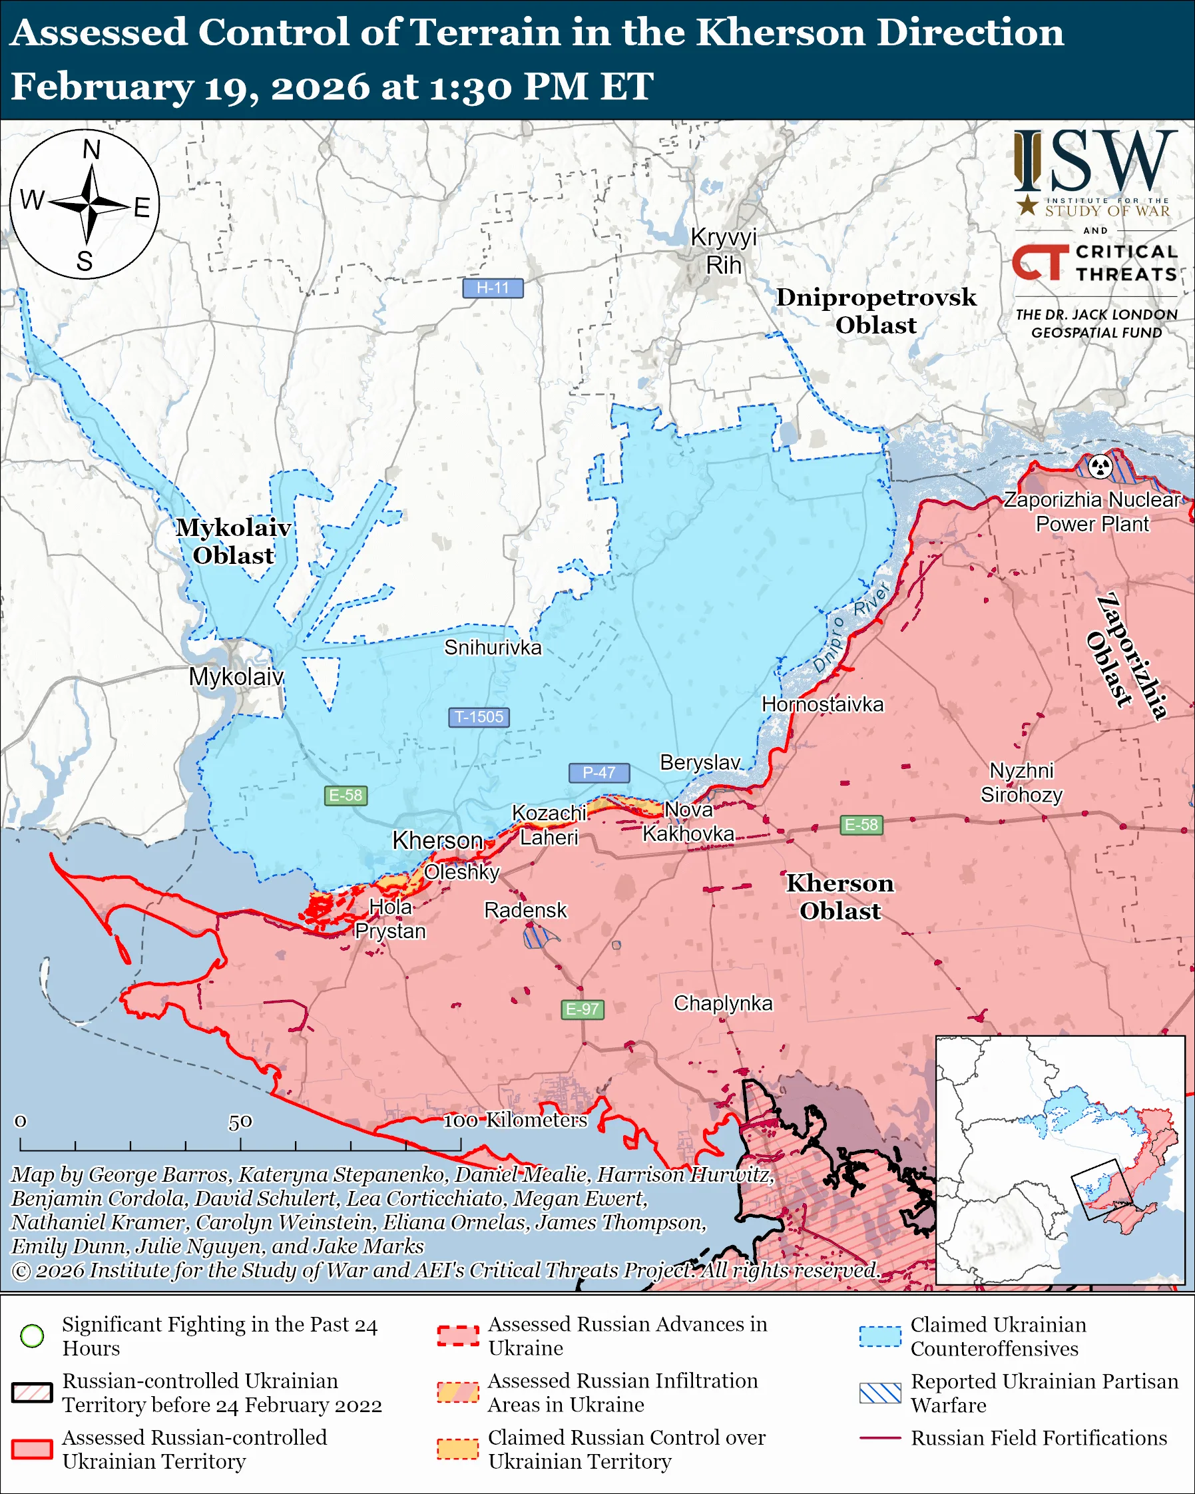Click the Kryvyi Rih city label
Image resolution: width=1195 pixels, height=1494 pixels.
(x=723, y=251)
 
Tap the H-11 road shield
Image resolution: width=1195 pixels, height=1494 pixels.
(x=493, y=288)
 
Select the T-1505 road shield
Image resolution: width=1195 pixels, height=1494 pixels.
(x=479, y=716)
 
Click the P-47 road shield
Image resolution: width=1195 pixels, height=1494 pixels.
(x=598, y=772)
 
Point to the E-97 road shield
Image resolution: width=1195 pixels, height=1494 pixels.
(x=582, y=1009)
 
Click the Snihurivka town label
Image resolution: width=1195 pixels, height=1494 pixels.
(x=493, y=647)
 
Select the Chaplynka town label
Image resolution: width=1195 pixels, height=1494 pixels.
(x=722, y=1003)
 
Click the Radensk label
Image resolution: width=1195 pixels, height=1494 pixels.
(x=525, y=909)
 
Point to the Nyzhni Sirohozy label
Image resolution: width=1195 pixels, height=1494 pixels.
(x=1021, y=782)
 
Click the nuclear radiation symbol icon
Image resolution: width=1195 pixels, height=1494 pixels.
(x=1100, y=466)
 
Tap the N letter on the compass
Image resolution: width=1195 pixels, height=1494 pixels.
(x=91, y=150)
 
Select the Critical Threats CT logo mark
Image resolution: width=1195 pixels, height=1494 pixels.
(x=1039, y=262)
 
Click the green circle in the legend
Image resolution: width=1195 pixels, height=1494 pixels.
(x=33, y=1335)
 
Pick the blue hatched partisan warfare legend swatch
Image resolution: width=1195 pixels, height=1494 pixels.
(x=880, y=1393)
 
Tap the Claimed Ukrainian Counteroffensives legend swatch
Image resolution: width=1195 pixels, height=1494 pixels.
(x=880, y=1336)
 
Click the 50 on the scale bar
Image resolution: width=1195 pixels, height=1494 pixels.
(x=240, y=1121)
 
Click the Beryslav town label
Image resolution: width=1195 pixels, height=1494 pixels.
(x=700, y=762)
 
